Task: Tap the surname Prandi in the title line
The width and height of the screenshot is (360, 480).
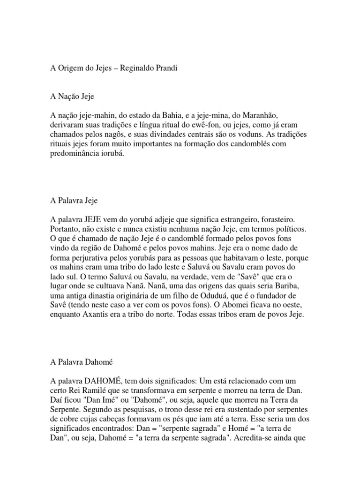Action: click(x=166, y=67)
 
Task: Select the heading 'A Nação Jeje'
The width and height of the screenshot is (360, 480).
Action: click(x=72, y=97)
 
